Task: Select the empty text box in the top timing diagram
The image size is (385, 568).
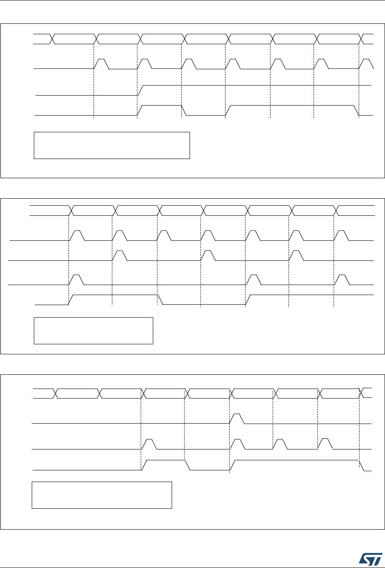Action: click(111, 145)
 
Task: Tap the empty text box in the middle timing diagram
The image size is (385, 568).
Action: click(93, 331)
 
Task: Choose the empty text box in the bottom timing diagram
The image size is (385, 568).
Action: click(102, 495)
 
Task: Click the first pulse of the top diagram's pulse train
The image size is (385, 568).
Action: click(101, 64)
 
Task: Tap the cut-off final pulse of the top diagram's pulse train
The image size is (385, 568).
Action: click(367, 64)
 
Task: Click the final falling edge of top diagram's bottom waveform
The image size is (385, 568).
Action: click(357, 111)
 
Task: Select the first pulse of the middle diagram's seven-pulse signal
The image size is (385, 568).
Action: click(77, 235)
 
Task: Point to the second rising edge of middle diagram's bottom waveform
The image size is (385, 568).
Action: click(248, 300)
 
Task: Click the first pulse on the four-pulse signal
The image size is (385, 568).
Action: click(149, 444)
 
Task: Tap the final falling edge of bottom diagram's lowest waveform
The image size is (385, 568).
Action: click(362, 465)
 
